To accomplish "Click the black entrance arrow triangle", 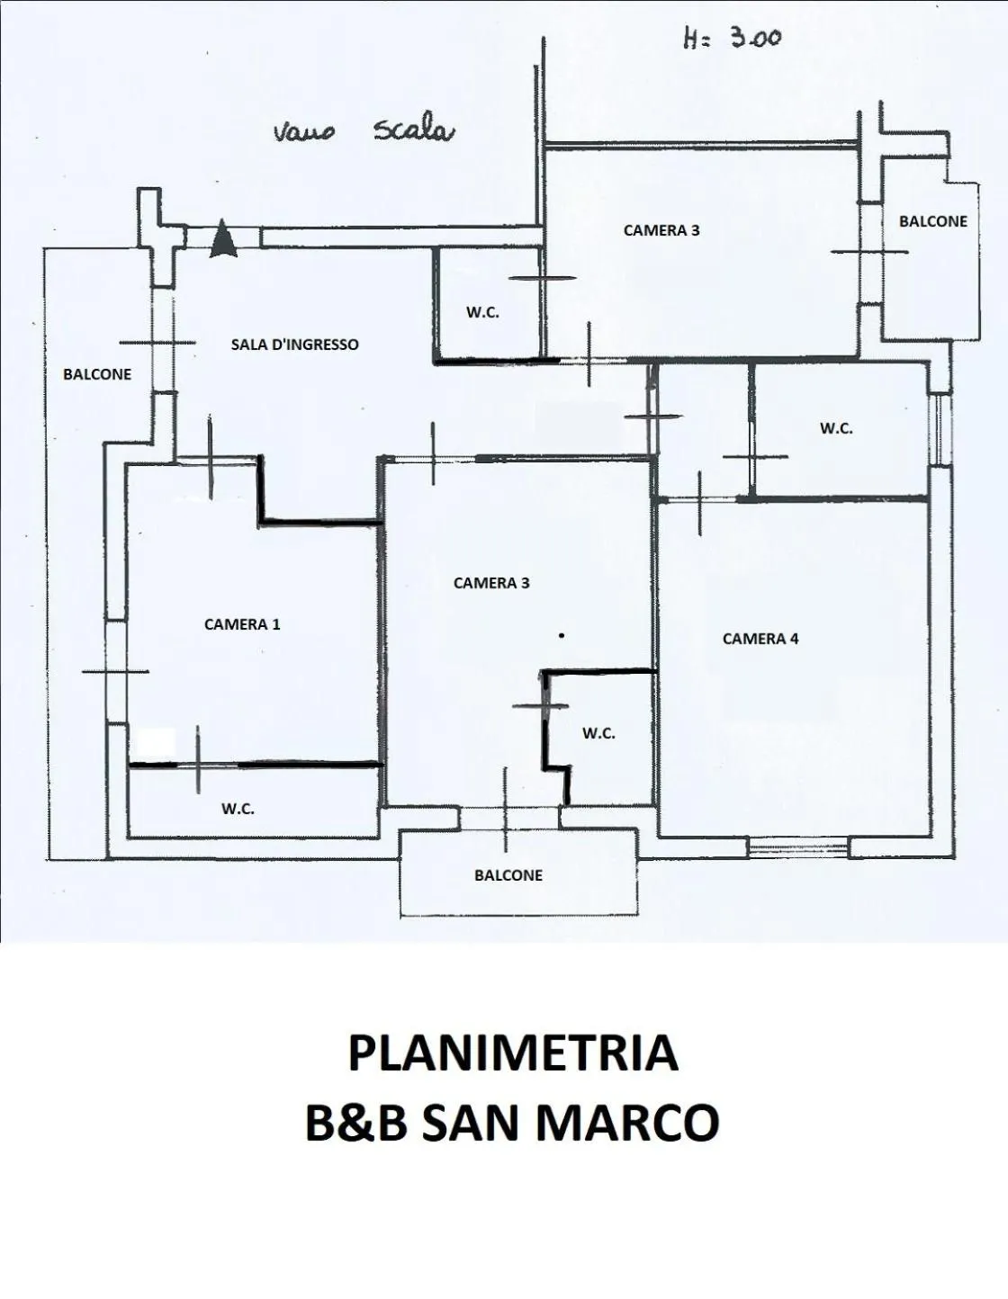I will [x=223, y=240].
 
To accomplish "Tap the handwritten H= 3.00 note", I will [x=732, y=39].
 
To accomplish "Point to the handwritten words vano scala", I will [x=364, y=131].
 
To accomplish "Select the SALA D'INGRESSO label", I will [x=294, y=345].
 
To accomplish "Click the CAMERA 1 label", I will [x=242, y=624].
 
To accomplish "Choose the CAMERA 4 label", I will [x=760, y=639].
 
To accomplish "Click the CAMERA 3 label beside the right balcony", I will [x=661, y=230].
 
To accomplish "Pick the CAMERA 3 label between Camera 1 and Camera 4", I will [x=491, y=583].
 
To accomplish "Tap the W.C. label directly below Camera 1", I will [x=238, y=809].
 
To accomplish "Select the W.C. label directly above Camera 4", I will [x=836, y=429].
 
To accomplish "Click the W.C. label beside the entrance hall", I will [x=482, y=313].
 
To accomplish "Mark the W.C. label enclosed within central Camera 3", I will [x=598, y=733].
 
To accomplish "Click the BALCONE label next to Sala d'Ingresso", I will [x=97, y=374].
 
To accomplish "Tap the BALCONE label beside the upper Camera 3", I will [x=933, y=221].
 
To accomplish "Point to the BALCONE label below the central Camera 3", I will [x=508, y=875].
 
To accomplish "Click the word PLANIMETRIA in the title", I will [x=512, y=1053].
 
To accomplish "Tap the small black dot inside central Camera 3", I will [x=562, y=636].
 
